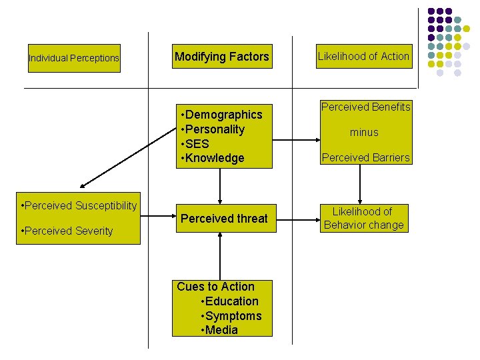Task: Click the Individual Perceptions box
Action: click(74, 58)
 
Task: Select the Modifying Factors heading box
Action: click(221, 57)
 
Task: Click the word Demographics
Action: click(224, 115)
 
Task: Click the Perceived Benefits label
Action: click(365, 107)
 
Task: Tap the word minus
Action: click(364, 133)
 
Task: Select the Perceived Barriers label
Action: click(365, 158)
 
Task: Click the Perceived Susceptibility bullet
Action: click(79, 205)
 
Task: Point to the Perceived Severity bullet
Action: click(67, 231)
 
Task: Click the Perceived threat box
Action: click(224, 219)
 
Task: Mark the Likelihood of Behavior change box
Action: click(363, 219)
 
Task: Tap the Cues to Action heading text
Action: click(215, 287)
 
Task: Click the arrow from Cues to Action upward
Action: click(219, 257)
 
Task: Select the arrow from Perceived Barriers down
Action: click(360, 184)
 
